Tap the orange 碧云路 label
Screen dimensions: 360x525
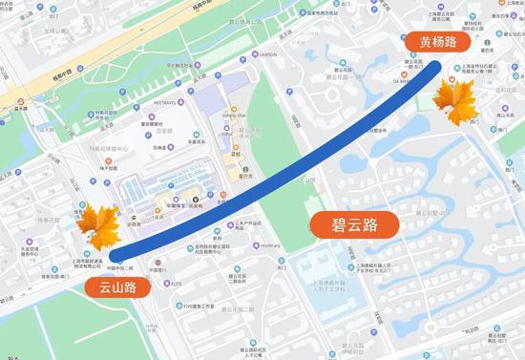point(353,225)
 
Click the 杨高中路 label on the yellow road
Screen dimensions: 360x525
point(72,73)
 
